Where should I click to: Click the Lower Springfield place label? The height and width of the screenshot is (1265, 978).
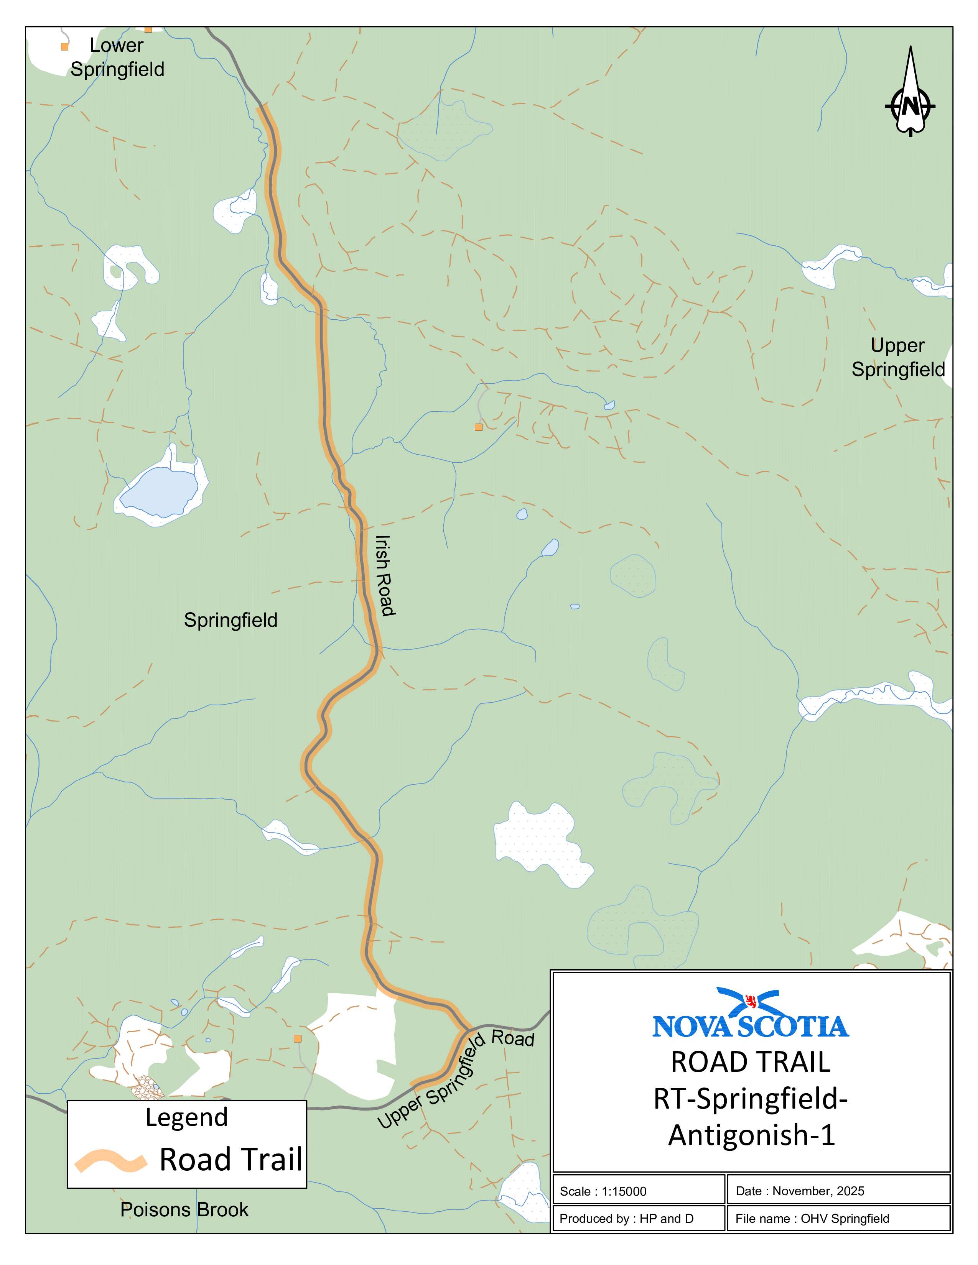(x=117, y=58)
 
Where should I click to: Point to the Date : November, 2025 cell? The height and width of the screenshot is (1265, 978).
(x=800, y=1191)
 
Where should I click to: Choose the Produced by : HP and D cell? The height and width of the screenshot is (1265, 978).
(x=626, y=1218)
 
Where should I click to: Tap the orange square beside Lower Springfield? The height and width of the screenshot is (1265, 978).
(x=65, y=46)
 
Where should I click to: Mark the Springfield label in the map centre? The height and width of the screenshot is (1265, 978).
(x=231, y=620)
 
